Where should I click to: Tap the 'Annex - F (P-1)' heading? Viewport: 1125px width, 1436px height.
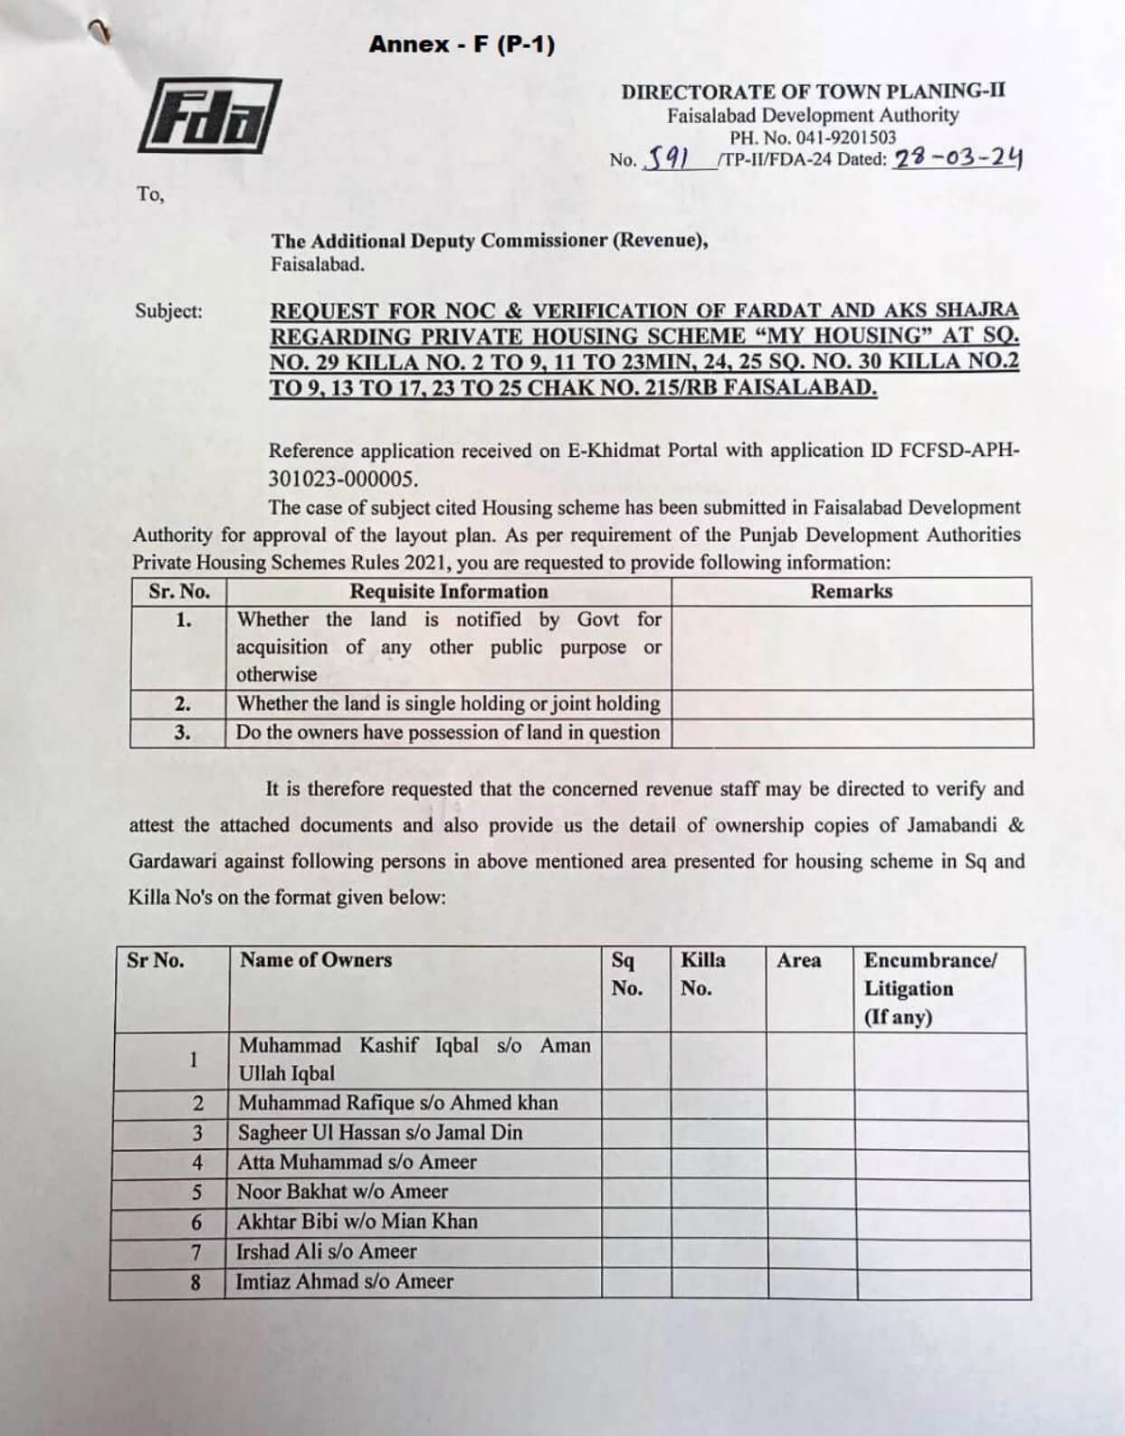point(462,44)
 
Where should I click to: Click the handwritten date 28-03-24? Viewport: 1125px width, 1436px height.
point(958,158)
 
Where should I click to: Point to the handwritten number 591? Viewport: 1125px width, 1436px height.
point(665,160)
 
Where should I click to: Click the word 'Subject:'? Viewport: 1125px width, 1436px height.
point(169,311)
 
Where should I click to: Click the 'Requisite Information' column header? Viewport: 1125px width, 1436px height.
point(449,592)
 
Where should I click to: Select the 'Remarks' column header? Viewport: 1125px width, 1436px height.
point(851,592)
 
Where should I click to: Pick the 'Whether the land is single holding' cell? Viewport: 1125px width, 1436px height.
point(448,704)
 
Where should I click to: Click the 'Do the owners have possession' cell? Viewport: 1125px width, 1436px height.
point(448,732)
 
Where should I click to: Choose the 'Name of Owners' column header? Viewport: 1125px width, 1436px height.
point(316,960)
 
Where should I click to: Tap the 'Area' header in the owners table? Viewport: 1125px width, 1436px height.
point(798,961)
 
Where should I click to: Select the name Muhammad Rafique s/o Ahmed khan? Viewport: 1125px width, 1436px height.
point(398,1103)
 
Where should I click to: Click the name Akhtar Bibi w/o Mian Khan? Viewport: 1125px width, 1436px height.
point(357,1222)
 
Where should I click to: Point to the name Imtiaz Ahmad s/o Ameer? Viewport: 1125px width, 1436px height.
point(345,1281)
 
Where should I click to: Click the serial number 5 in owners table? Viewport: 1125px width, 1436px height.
point(196,1193)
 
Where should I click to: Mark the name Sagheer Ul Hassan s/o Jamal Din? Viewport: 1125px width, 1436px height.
point(380,1133)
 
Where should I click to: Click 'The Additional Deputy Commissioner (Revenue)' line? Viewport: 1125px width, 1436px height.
point(490,241)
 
